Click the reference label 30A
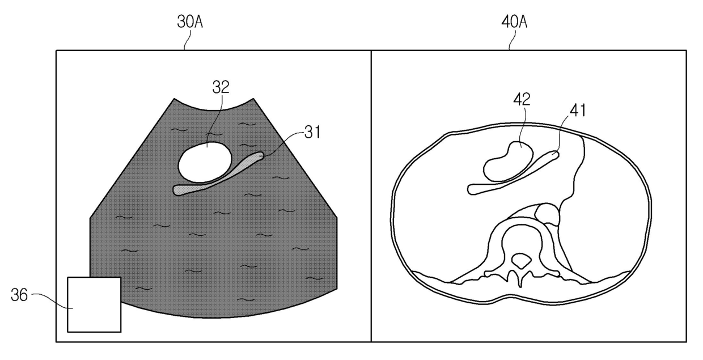[x=190, y=22]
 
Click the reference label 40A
[x=514, y=22]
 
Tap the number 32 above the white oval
[x=221, y=87]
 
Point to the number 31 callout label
[x=312, y=132]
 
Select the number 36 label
[x=19, y=295]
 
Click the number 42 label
[x=522, y=99]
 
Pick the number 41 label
[x=577, y=111]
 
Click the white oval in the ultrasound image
[x=205, y=162]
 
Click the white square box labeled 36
[x=94, y=304]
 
